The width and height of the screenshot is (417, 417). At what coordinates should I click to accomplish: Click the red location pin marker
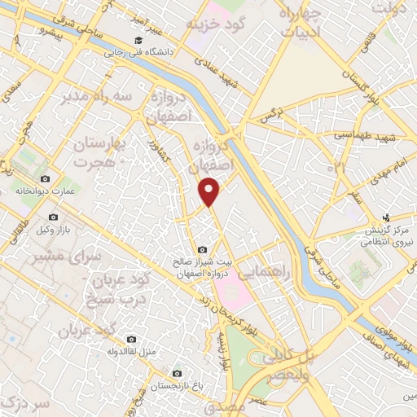point(210,191)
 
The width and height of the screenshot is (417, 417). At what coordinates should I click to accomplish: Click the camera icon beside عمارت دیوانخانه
point(45,179)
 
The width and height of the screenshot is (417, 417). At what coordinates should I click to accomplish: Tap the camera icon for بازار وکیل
point(53,217)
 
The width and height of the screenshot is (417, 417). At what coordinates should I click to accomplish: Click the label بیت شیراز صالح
point(202,262)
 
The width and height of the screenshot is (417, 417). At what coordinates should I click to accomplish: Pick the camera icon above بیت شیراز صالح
point(202,250)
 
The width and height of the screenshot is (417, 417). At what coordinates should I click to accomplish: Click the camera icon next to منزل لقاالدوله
point(130,340)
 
